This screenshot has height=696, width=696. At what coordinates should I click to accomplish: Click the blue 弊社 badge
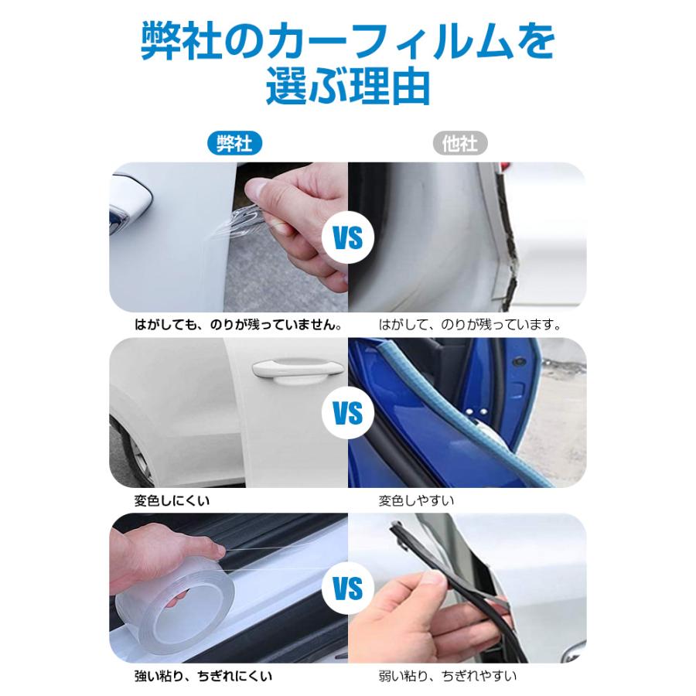234,143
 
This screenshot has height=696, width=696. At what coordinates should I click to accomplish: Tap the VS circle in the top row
348,237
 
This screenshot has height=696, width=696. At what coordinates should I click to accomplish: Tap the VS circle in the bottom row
348,589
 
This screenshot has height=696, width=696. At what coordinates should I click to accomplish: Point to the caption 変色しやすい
416,500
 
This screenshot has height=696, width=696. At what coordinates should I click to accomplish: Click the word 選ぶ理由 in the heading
348,87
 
